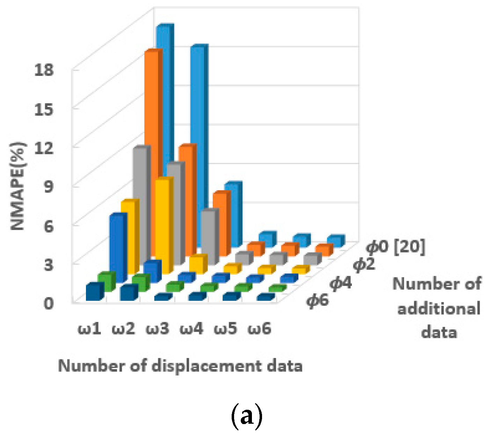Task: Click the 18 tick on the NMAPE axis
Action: [44, 70]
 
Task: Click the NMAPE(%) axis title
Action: [18, 186]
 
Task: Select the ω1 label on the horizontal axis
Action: [89, 329]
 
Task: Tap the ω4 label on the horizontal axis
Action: [191, 329]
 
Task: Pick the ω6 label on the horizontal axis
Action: [260, 329]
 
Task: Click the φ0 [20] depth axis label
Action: [395, 247]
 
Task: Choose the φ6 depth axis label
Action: [318, 300]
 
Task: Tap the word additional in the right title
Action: [439, 309]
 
